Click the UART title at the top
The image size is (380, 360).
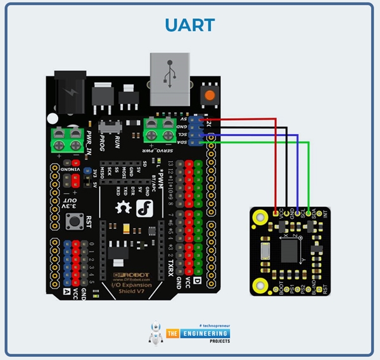coord(189,25)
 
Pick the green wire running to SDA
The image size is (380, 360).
coord(308,171)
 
